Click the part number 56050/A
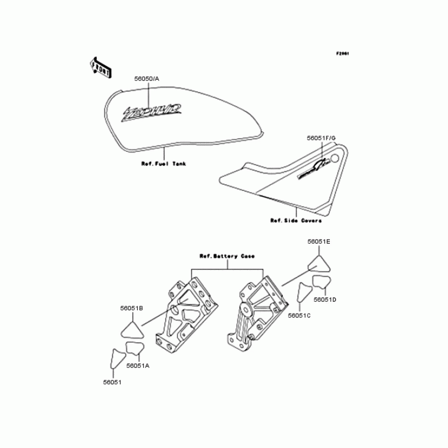click(x=146, y=79)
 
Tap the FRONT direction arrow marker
click(x=101, y=66)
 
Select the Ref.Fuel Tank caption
click(x=164, y=164)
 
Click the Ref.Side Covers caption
click(x=296, y=221)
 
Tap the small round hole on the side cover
click(x=335, y=158)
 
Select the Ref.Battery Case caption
click(x=227, y=256)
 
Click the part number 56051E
click(x=319, y=241)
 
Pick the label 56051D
click(x=325, y=300)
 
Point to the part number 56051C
click(x=299, y=316)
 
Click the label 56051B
click(x=132, y=309)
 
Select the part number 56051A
click(x=138, y=365)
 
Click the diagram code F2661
click(x=343, y=54)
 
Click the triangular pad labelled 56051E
click(x=318, y=264)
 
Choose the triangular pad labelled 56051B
click(x=132, y=328)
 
